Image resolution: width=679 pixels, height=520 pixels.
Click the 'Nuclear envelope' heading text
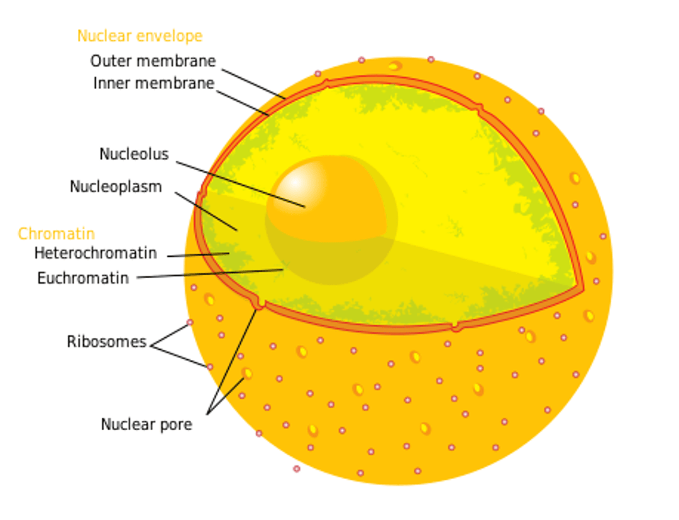click(x=140, y=36)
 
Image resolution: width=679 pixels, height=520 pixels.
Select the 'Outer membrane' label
click(x=153, y=61)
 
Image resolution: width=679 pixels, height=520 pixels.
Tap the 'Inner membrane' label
click(x=154, y=83)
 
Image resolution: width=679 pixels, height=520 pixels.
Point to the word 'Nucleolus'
click(x=135, y=154)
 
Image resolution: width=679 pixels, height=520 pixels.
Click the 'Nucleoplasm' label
click(x=116, y=187)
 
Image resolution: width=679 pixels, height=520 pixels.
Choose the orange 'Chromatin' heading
click(x=57, y=234)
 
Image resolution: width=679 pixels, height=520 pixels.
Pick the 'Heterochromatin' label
click(x=96, y=253)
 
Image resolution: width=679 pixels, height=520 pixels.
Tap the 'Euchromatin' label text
click(x=83, y=278)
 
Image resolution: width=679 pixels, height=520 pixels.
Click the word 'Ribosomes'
click(x=107, y=342)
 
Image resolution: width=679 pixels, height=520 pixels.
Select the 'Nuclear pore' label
click(x=146, y=425)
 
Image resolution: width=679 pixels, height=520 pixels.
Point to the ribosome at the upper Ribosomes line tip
click(x=190, y=322)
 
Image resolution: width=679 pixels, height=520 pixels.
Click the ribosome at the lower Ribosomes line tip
click(x=209, y=367)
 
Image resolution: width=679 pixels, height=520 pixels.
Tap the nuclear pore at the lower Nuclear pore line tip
click(x=247, y=373)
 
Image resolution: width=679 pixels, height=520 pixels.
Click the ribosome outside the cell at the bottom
click(x=297, y=469)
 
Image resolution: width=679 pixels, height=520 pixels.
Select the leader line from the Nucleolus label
click(x=241, y=185)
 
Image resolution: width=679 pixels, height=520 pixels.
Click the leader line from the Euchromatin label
click(x=210, y=273)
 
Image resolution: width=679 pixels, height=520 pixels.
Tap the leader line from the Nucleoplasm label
click(x=206, y=212)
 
